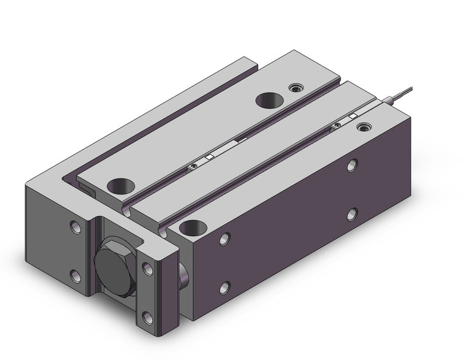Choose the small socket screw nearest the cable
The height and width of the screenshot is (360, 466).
point(364,128)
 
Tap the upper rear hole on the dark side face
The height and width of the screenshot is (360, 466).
point(353,165)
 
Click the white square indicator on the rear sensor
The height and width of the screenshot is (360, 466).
point(352,116)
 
